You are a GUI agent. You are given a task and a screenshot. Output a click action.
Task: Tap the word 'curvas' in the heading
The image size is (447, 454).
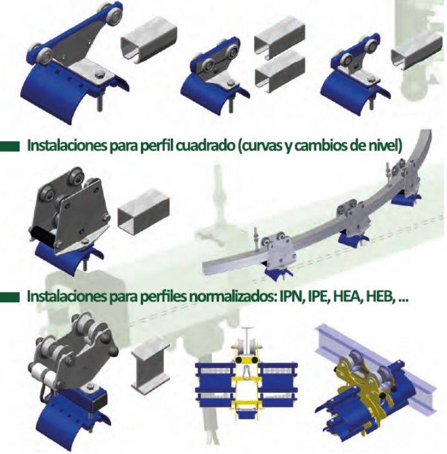click(x=260, y=145)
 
